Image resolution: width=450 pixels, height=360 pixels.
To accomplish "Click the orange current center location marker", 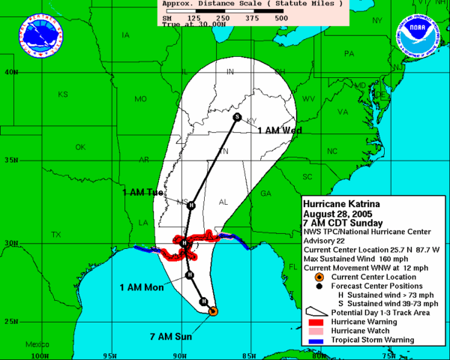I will coord(213,310).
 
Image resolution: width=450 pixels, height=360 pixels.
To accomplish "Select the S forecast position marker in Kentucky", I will coord(237,117).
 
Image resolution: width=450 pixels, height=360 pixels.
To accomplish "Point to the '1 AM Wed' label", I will coord(280,130).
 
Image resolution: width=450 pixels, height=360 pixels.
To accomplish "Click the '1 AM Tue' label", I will coord(142,193).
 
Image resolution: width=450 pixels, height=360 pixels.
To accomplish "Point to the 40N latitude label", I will coord(10,73).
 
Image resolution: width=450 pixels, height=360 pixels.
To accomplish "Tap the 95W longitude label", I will coord(109,355).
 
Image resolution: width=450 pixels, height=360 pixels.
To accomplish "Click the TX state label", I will coord(55,235).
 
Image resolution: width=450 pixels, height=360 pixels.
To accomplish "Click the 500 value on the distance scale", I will coord(281,17).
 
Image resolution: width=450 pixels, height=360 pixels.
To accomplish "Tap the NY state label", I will coord(376,21).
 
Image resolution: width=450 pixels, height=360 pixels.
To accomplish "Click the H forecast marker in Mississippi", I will coord(190,205).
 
